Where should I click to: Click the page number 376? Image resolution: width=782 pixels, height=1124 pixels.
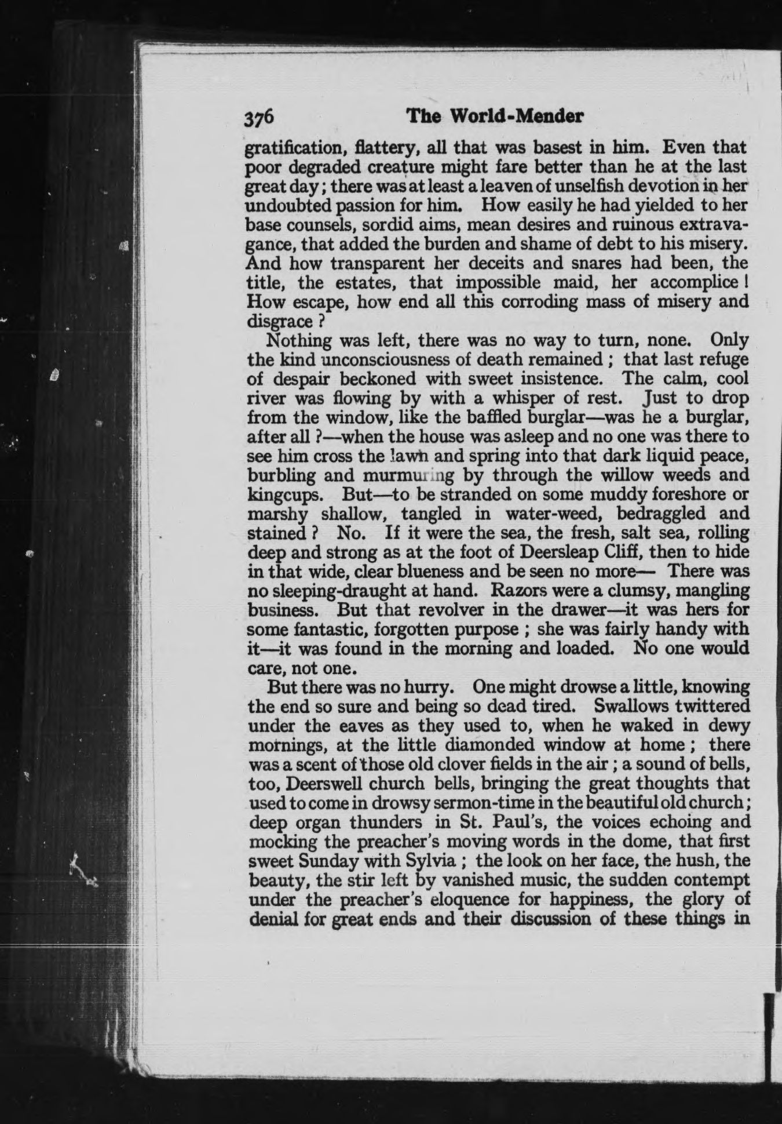click(258, 118)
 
